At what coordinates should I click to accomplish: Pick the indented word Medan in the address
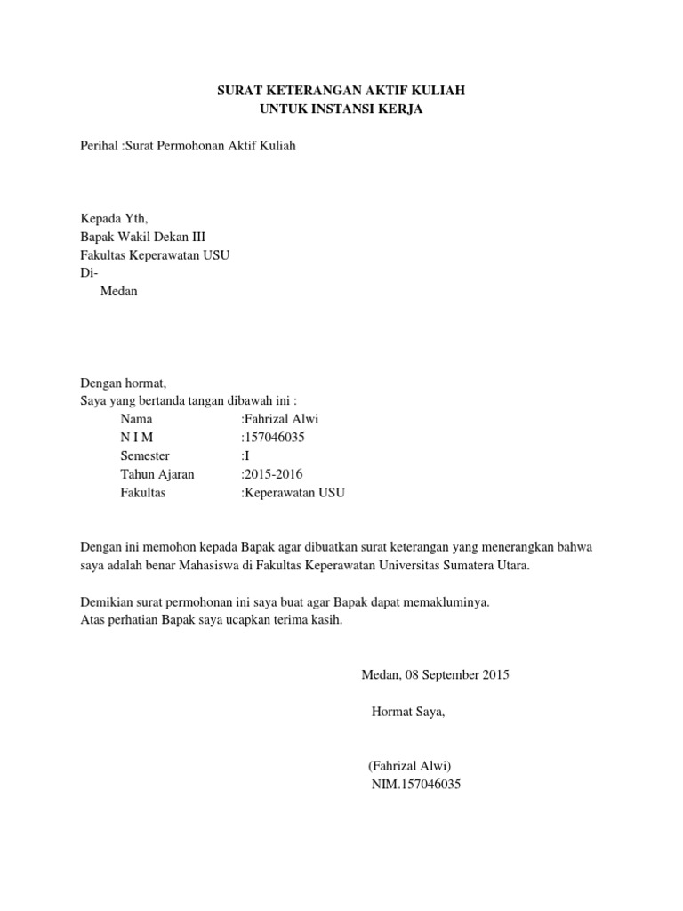(x=120, y=291)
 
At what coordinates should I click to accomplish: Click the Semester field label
(x=145, y=455)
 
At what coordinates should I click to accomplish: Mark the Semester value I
(x=246, y=455)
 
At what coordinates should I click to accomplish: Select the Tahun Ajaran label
(x=157, y=474)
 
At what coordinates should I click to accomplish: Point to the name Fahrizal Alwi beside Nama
(x=281, y=419)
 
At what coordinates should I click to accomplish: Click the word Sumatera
(x=467, y=565)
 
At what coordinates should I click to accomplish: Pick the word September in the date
(x=448, y=674)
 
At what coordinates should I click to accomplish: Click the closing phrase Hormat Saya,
(x=407, y=712)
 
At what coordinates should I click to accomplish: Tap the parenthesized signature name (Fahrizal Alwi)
(x=410, y=766)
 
